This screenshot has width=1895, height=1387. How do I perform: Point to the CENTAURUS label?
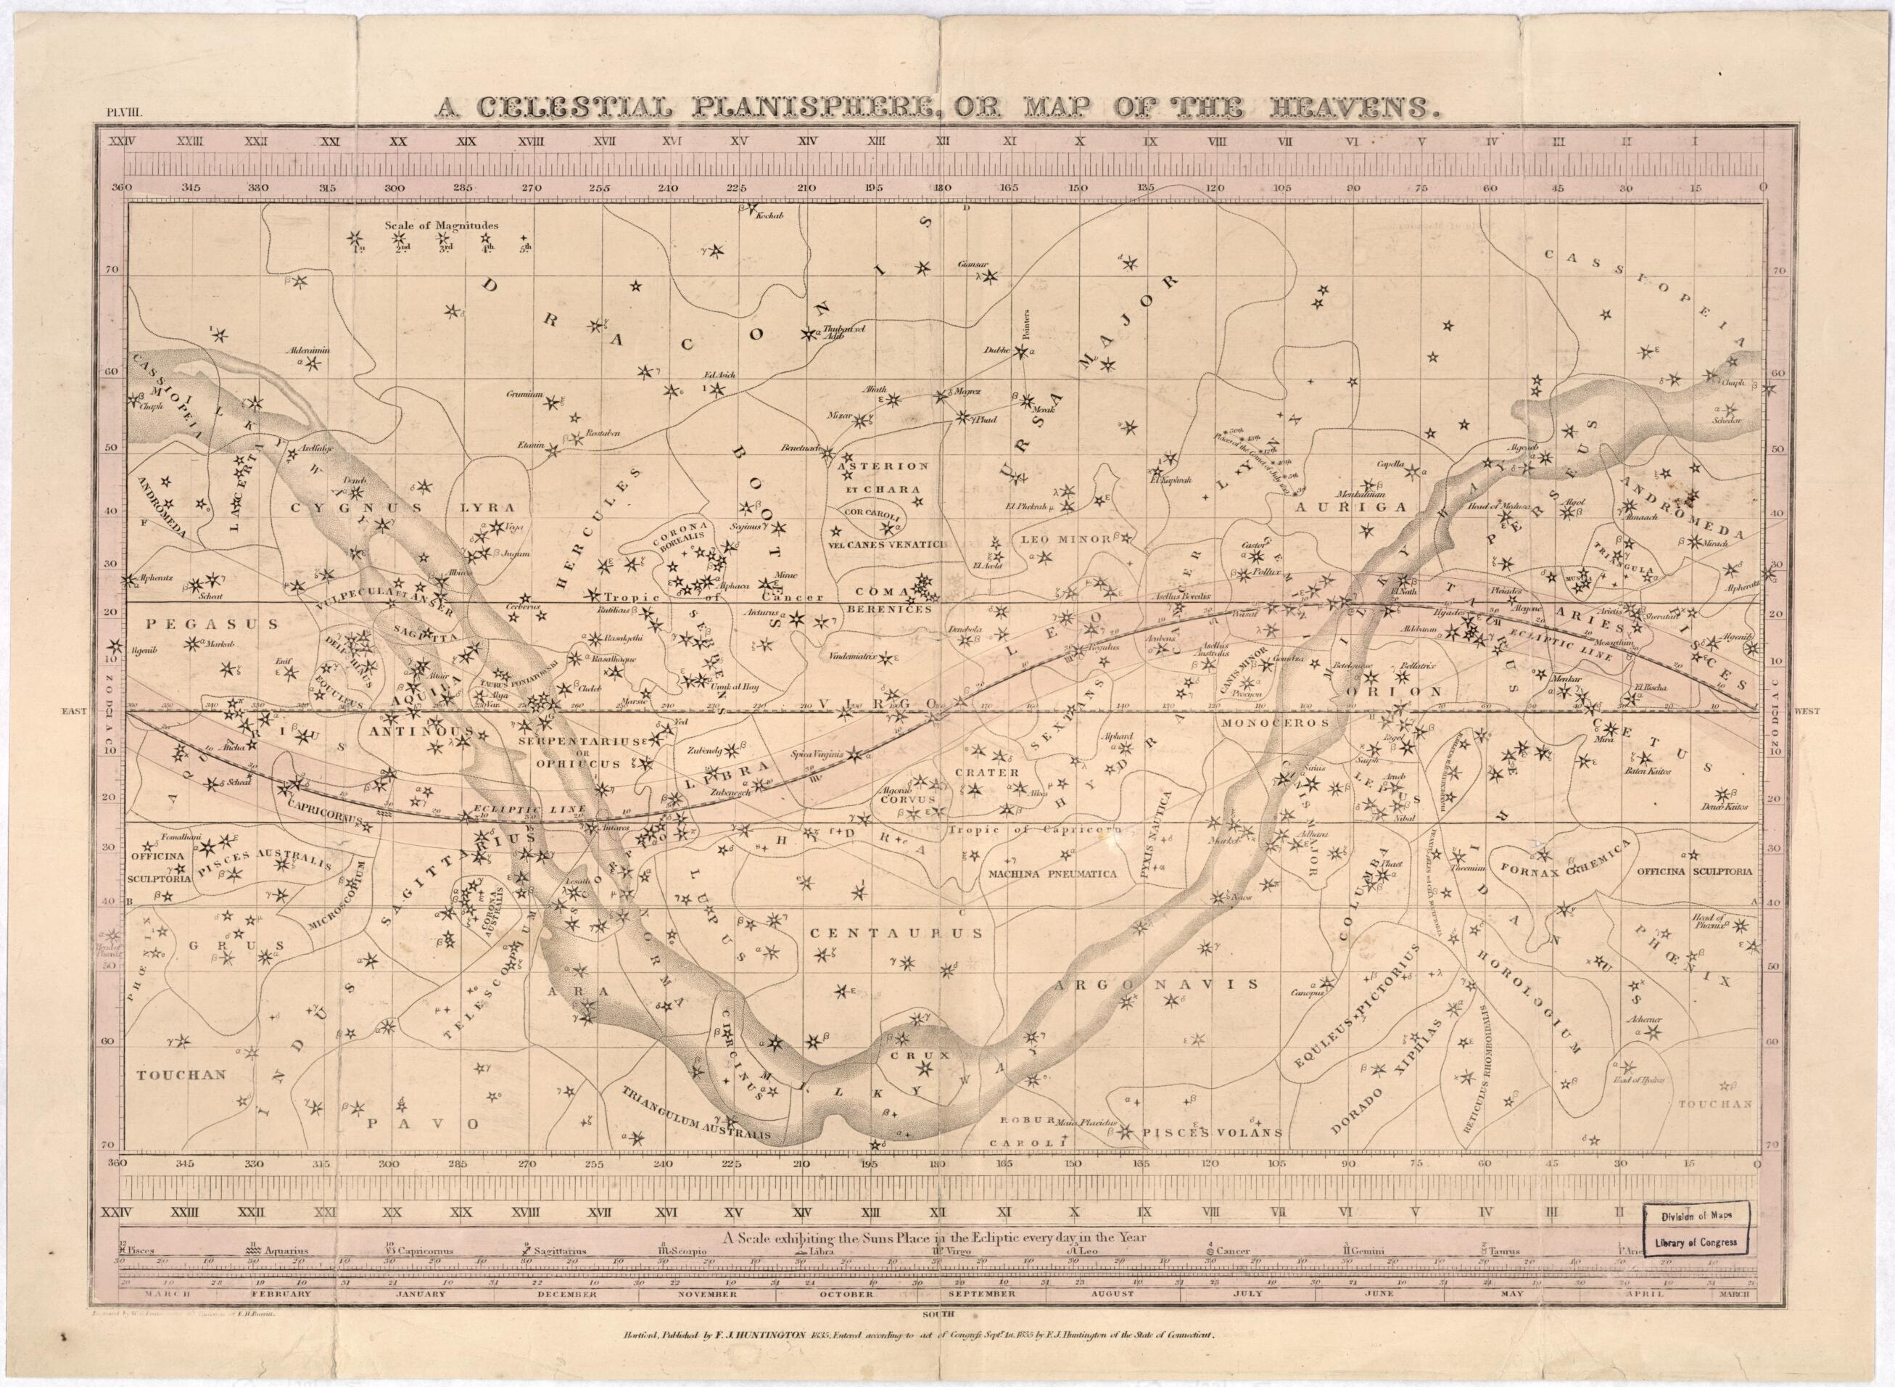(896, 932)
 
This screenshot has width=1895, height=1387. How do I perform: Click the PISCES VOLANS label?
(1210, 1132)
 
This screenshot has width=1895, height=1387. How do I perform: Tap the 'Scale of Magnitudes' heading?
(442, 225)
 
